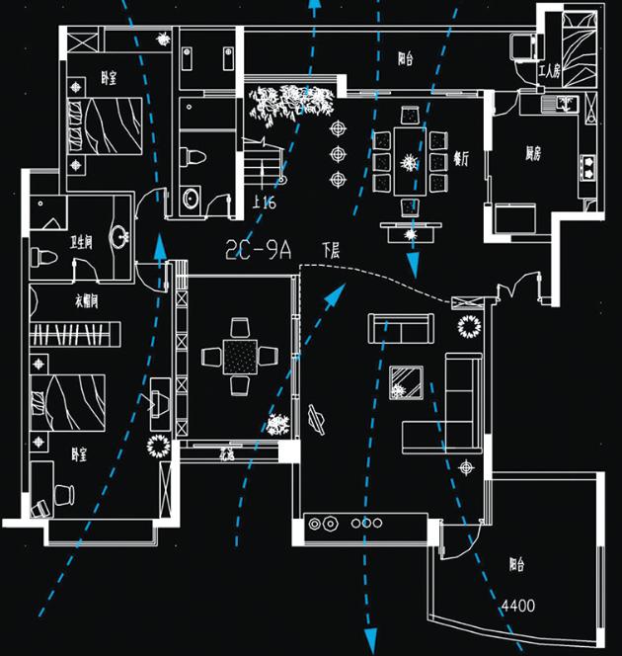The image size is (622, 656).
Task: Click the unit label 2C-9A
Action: [260, 250]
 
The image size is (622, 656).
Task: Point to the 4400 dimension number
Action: [518, 605]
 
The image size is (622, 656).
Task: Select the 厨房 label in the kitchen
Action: [533, 153]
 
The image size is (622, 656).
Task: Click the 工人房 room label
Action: [548, 71]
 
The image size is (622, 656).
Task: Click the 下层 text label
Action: [331, 252]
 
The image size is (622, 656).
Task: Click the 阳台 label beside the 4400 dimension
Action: [516, 565]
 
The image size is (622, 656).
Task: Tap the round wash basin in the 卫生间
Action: [120, 237]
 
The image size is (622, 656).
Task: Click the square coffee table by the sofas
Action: [406, 381]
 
